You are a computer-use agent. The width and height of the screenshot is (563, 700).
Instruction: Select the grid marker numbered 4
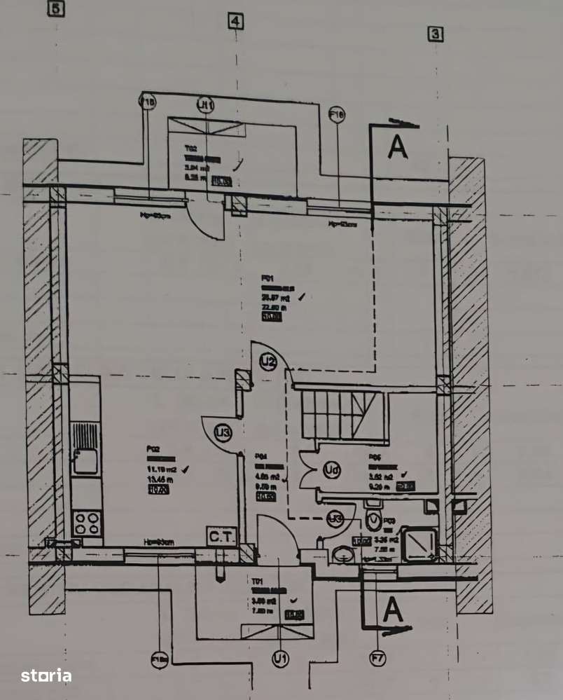click(x=235, y=22)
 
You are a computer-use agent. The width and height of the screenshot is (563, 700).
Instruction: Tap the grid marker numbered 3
click(x=436, y=33)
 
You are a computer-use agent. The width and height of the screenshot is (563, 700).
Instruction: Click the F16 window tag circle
click(x=337, y=114)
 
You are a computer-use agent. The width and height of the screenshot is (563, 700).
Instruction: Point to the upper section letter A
click(x=398, y=148)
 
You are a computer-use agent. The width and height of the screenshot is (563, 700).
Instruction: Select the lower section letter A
click(x=394, y=610)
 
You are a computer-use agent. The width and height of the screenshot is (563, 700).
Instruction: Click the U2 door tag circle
click(x=267, y=362)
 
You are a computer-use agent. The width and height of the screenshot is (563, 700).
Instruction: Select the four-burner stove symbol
click(x=87, y=523)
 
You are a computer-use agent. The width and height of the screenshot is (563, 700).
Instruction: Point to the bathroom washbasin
click(x=343, y=554)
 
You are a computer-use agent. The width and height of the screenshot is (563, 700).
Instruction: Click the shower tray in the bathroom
click(x=422, y=544)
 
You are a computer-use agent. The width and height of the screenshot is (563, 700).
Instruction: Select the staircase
click(x=340, y=416)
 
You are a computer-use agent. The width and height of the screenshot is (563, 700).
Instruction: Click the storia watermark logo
click(x=46, y=675)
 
